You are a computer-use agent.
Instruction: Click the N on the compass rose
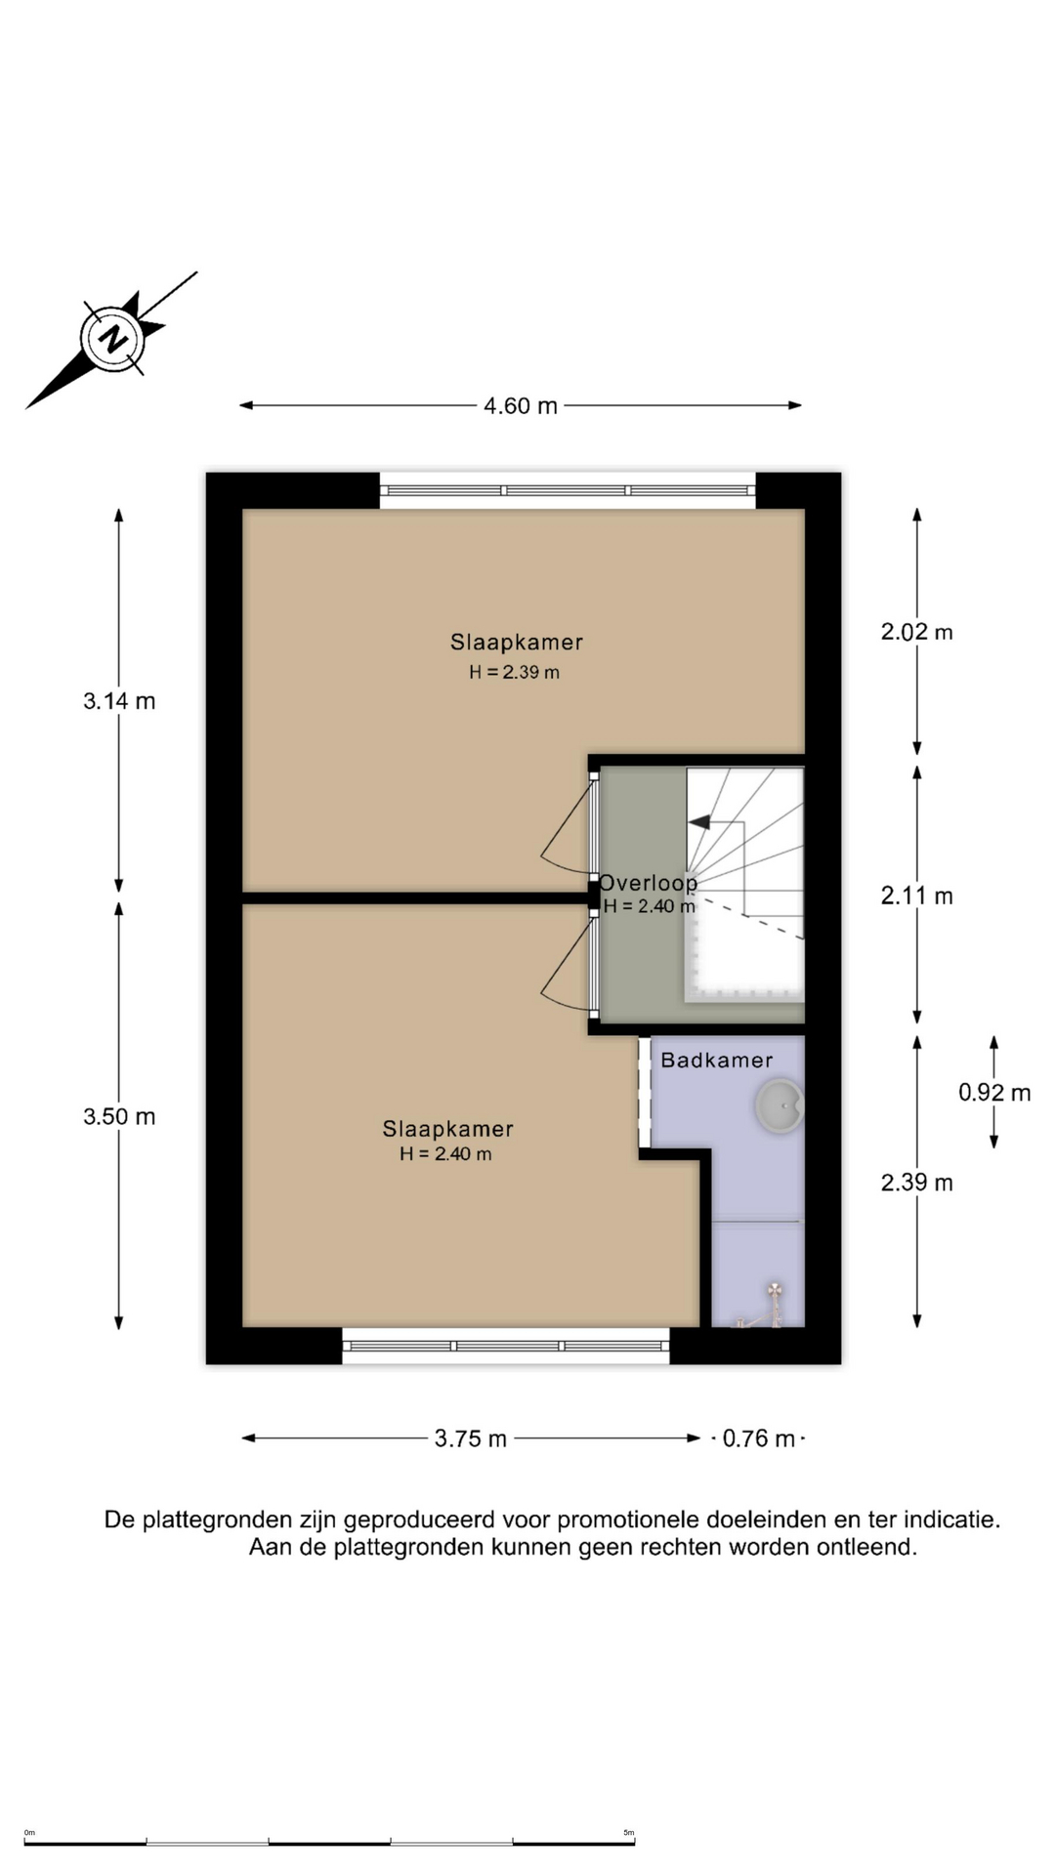coord(114,340)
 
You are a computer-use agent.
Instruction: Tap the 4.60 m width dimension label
coord(520,406)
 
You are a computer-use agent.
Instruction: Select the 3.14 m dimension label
coord(119,701)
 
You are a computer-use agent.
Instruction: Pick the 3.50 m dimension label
coord(119,1117)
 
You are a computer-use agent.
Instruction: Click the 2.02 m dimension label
coord(916,632)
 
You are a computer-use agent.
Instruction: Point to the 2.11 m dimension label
coord(916,896)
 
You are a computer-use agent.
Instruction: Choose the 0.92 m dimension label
coord(993,1093)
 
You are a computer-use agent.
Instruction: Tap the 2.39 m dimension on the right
coord(916,1183)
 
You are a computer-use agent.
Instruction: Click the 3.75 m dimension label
coord(470,1438)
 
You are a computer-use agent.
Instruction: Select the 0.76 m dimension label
coord(758,1438)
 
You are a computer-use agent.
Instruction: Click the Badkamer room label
coord(716,1061)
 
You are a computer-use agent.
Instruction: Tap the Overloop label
coord(648,883)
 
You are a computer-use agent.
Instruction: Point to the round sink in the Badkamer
coord(780,1105)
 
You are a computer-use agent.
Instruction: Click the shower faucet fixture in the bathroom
coord(774,1305)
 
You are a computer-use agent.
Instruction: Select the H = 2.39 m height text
coord(514,672)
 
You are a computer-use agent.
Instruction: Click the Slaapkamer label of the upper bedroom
coord(516,643)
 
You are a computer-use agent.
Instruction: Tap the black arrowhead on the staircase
coord(699,822)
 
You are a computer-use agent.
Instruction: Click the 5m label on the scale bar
coord(628,1833)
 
